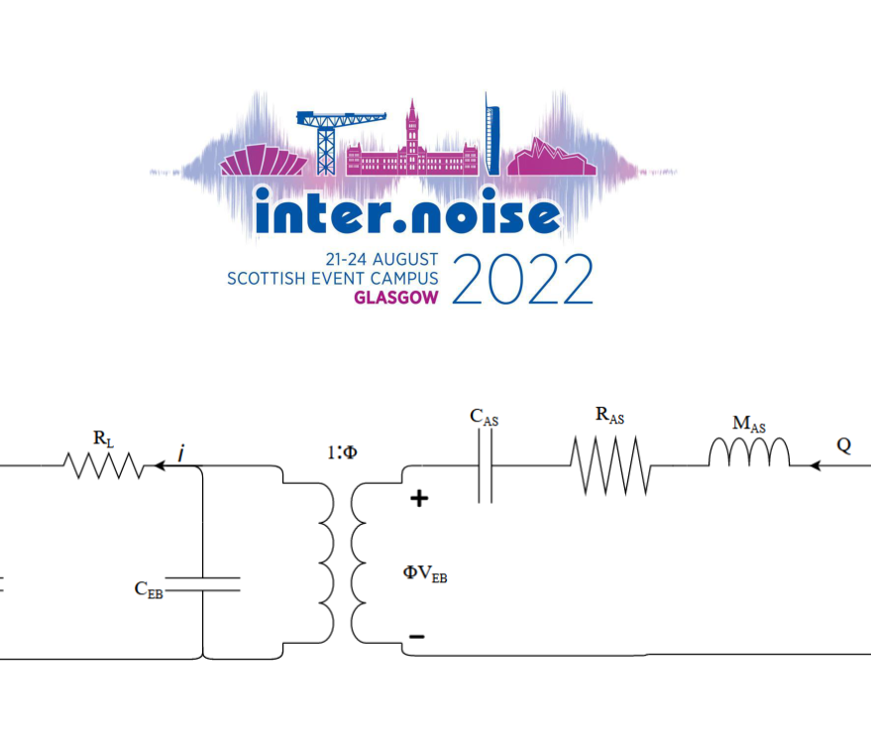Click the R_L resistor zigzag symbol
[103, 464]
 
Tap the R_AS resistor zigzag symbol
[609, 465]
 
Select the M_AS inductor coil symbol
[749, 453]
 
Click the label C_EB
[149, 589]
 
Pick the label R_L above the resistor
[103, 437]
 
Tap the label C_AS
[484, 418]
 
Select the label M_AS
[749, 425]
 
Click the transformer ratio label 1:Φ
[342, 453]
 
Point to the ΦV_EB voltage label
[425, 572]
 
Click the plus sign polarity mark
[419, 498]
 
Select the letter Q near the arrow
[843, 445]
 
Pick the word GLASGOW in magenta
[395, 298]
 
